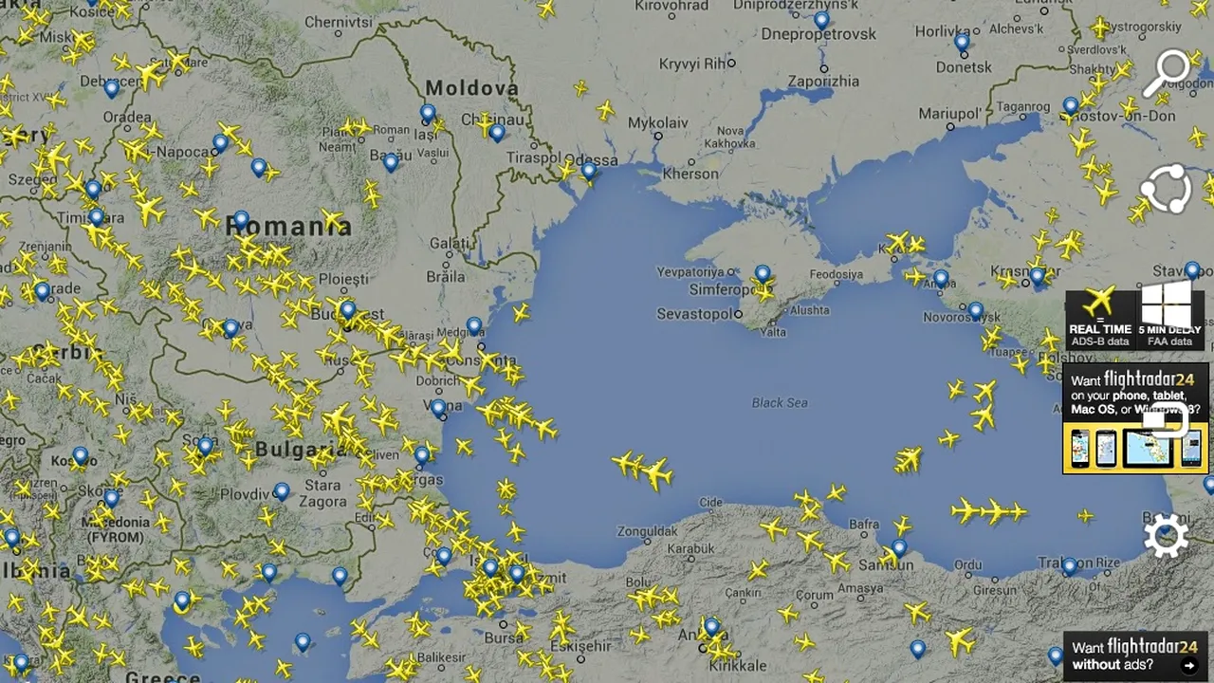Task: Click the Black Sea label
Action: [780, 403]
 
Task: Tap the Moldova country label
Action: [471, 88]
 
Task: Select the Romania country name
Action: [288, 226]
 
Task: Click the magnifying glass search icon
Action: [1166, 72]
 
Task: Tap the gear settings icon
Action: [1166, 536]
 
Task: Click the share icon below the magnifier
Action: [1166, 189]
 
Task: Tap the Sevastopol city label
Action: [694, 314]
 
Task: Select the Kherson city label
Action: [690, 174]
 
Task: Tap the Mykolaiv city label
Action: [658, 123]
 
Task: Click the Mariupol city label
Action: [949, 114]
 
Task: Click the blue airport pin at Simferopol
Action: [763, 275]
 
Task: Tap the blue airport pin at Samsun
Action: [898, 547]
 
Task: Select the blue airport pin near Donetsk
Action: [962, 42]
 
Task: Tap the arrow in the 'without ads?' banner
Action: [1189, 665]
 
